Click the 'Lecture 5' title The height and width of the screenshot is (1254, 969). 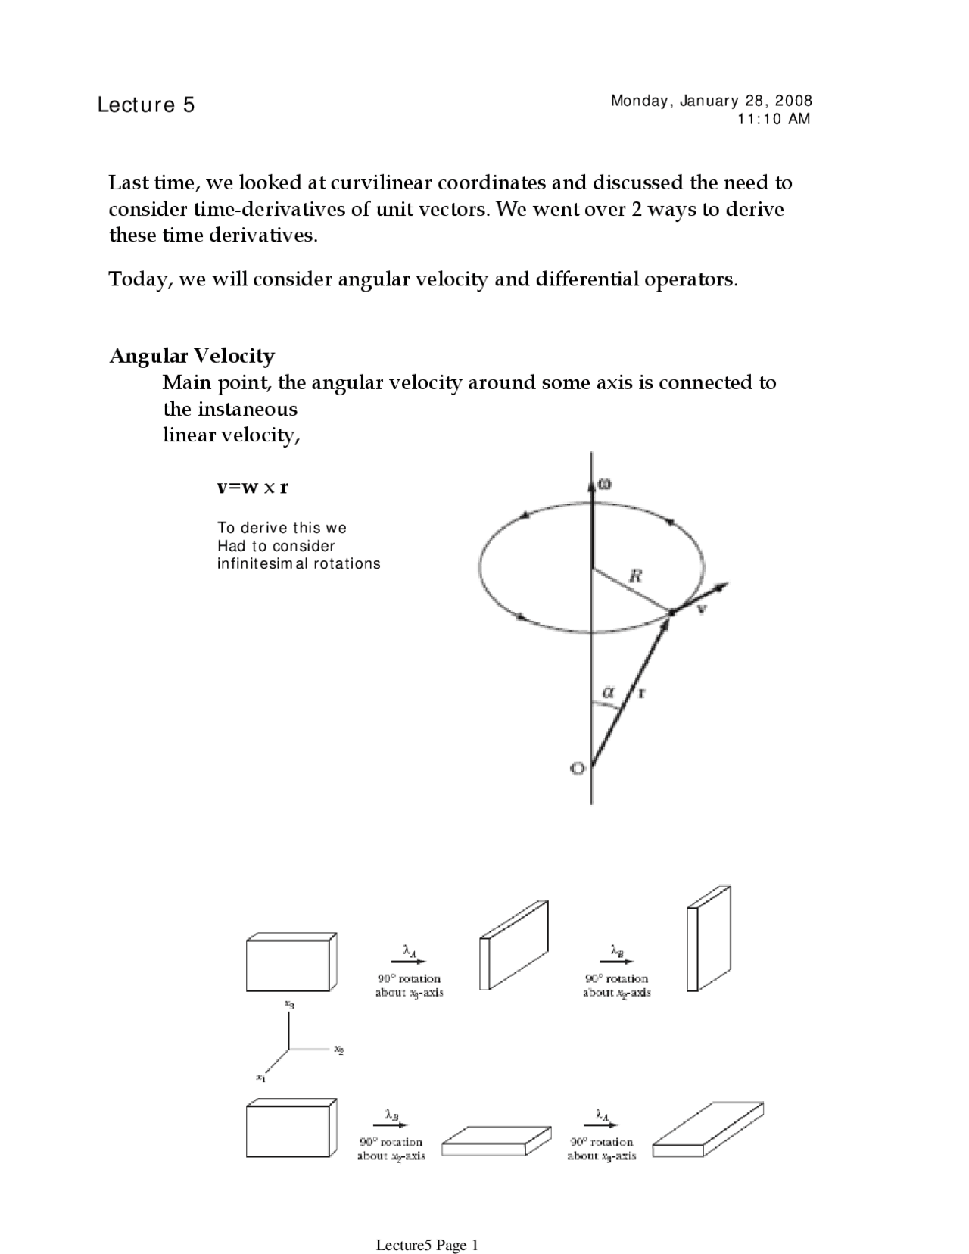145,104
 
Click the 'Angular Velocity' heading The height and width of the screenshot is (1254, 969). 192,356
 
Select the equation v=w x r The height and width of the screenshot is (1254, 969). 252,487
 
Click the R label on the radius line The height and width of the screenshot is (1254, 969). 636,576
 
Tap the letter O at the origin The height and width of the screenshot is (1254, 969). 578,769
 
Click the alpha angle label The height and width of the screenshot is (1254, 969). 608,691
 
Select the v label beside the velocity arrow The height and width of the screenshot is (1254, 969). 703,608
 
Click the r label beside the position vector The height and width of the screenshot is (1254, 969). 640,691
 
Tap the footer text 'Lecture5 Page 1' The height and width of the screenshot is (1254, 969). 427,1224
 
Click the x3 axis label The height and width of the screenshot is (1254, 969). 289,1004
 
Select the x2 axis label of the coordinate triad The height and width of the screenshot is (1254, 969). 339,1050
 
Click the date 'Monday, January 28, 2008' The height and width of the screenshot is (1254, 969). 712,101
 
